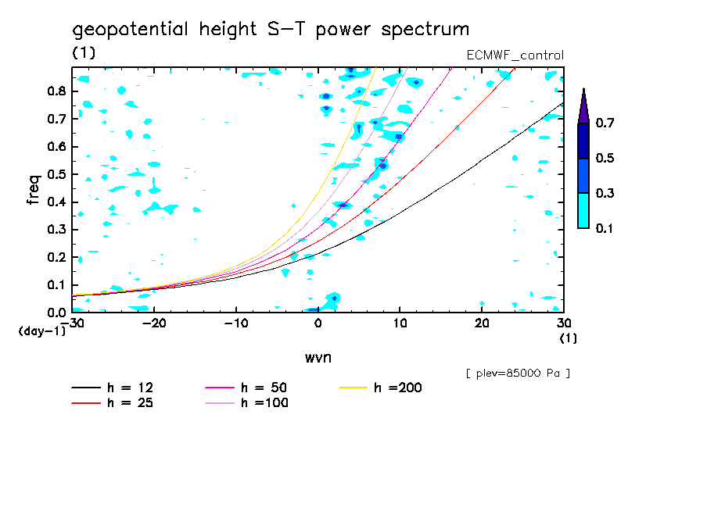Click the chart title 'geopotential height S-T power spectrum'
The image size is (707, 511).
tap(271, 30)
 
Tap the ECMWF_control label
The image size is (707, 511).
tap(514, 55)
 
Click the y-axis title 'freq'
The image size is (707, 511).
tap(33, 189)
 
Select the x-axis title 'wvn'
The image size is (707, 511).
tap(317, 357)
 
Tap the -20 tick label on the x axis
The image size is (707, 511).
tap(154, 323)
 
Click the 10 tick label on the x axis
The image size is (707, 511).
tap(400, 323)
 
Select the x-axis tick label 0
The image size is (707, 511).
tap(318, 323)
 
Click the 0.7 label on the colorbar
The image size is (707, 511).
tap(603, 123)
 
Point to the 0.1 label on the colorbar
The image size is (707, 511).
tap(603, 228)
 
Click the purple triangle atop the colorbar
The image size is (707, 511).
tap(583, 105)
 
